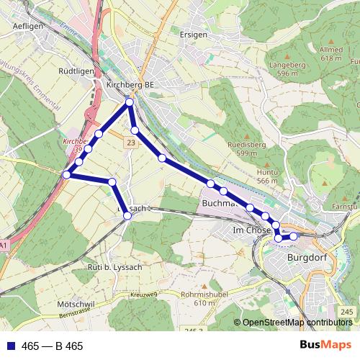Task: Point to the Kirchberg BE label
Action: pos(130,84)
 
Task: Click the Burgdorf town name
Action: pos(307,256)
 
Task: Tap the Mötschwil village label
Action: pos(75,305)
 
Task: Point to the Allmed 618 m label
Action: pos(330,54)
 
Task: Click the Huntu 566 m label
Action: pos(267,176)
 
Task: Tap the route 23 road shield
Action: pos(130,144)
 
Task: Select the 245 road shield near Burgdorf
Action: pos(347,311)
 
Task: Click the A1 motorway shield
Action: pos(4,246)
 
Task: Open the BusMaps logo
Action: pos(325,346)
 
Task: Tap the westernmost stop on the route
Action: pos(66,175)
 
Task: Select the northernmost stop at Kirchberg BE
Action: pos(130,103)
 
